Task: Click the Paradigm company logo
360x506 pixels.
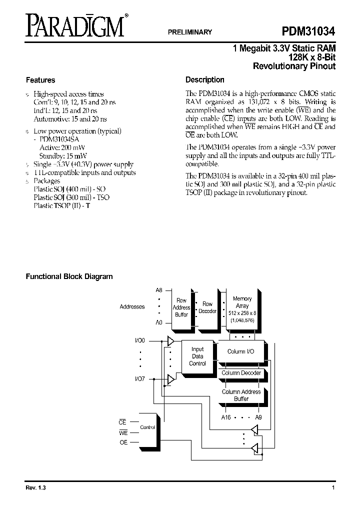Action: (x=75, y=25)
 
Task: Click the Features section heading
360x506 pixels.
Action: (x=40, y=80)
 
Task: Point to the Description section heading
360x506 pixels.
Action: (x=205, y=80)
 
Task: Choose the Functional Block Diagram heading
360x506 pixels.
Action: (x=69, y=276)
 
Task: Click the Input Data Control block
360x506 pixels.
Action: (x=197, y=356)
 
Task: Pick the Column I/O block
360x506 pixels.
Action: (x=240, y=351)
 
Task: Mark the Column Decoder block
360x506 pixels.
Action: (x=241, y=373)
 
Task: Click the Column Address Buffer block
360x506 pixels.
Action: (x=241, y=395)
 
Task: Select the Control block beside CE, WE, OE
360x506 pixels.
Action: (x=147, y=427)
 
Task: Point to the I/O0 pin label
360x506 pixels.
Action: (x=139, y=340)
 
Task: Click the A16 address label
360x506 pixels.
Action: (x=226, y=416)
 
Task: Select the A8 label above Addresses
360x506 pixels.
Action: (x=159, y=290)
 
